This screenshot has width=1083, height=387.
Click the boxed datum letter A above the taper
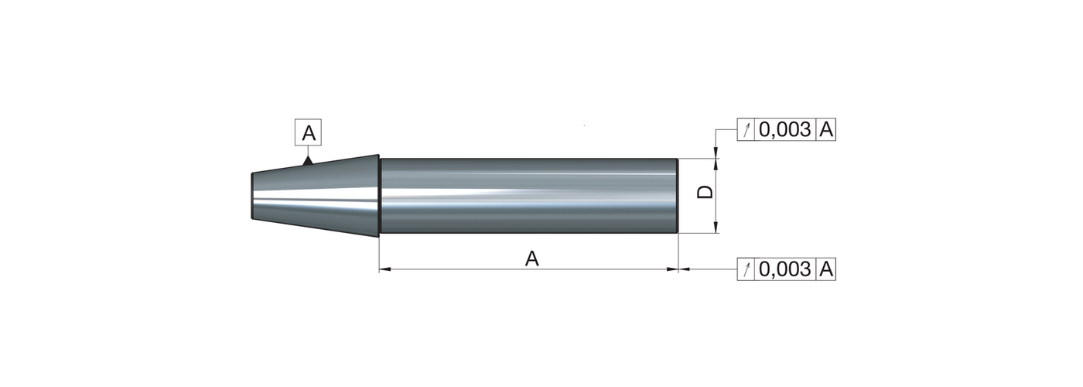click(x=308, y=132)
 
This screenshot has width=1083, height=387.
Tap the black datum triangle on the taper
click(x=307, y=161)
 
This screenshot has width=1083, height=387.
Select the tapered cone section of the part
click(x=316, y=196)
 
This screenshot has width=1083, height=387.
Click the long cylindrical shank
click(x=529, y=195)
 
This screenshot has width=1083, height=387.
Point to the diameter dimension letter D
click(x=705, y=192)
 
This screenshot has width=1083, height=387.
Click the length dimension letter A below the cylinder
click(x=532, y=259)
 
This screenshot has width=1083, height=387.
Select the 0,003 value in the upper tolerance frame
click(x=785, y=129)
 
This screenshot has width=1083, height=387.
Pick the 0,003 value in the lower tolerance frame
click(x=785, y=269)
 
